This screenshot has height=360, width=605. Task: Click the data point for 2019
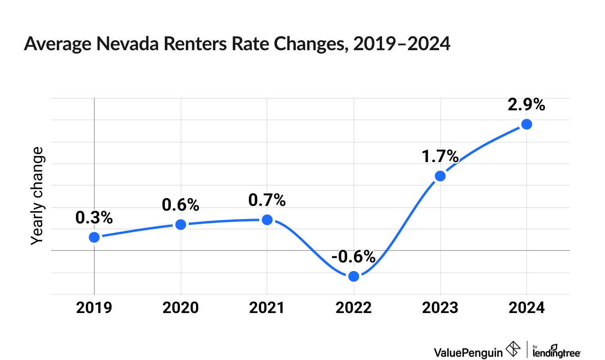click(94, 237)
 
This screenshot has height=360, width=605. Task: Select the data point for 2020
click(181, 225)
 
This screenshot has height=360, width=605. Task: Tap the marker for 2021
click(267, 220)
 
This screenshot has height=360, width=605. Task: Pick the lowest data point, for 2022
click(353, 276)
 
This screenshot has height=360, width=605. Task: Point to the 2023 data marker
click(440, 176)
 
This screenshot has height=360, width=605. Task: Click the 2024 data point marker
click(527, 124)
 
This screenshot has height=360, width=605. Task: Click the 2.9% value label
click(526, 104)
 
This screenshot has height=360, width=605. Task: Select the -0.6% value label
click(353, 257)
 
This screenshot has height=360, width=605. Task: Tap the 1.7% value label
click(440, 157)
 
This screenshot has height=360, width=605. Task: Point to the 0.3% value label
click(94, 218)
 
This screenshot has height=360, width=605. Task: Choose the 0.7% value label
click(267, 200)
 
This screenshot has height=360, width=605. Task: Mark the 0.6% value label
click(181, 205)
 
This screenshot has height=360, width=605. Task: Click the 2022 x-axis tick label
click(353, 308)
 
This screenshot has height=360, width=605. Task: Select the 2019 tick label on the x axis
click(94, 308)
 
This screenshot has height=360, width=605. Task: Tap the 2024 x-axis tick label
click(527, 308)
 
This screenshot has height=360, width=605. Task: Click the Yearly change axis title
click(37, 196)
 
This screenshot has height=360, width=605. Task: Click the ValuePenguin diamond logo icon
click(513, 349)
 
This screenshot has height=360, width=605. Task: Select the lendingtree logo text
click(556, 352)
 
